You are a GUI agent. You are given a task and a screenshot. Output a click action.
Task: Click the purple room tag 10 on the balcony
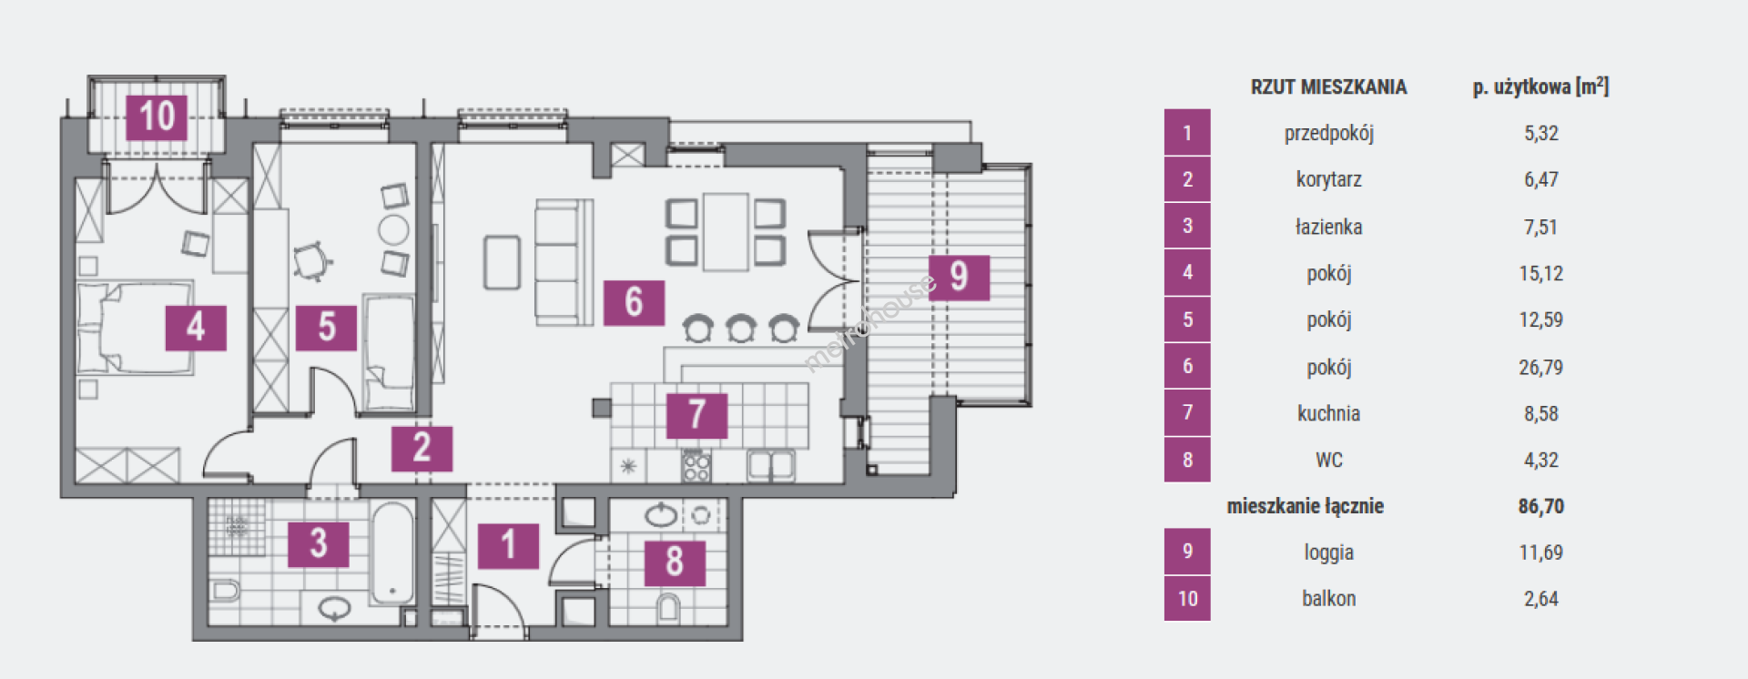point(157,117)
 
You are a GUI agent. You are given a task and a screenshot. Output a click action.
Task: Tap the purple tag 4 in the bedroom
point(195,327)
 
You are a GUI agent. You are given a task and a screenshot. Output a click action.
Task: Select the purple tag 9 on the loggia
point(959,277)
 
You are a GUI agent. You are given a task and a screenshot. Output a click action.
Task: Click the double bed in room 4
point(137,328)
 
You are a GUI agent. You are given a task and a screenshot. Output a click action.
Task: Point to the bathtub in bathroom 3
point(393,553)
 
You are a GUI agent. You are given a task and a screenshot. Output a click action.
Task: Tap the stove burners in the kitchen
point(696,467)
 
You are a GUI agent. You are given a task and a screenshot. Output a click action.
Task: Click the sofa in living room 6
point(563,262)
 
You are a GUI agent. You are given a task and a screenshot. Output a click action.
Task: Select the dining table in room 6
point(726,231)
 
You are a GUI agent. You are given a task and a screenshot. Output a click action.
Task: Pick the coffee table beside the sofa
point(502,262)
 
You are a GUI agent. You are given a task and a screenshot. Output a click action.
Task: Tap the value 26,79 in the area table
point(1540,367)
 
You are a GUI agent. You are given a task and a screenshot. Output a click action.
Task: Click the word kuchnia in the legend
point(1328,413)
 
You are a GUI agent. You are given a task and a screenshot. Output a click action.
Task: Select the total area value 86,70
point(1540,506)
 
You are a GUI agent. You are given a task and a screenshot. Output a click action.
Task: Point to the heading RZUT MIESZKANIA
point(1328,87)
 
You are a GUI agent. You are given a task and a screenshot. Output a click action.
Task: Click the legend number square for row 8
point(1187,460)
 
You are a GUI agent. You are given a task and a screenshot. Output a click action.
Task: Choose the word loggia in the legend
point(1328,552)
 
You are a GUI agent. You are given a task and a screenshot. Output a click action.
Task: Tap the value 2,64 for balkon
point(1540,599)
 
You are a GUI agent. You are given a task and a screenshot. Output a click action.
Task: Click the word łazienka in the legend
point(1328,227)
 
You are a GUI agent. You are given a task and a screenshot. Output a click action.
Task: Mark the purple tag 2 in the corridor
point(422,448)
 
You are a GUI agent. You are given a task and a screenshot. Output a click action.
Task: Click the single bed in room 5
point(389,353)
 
